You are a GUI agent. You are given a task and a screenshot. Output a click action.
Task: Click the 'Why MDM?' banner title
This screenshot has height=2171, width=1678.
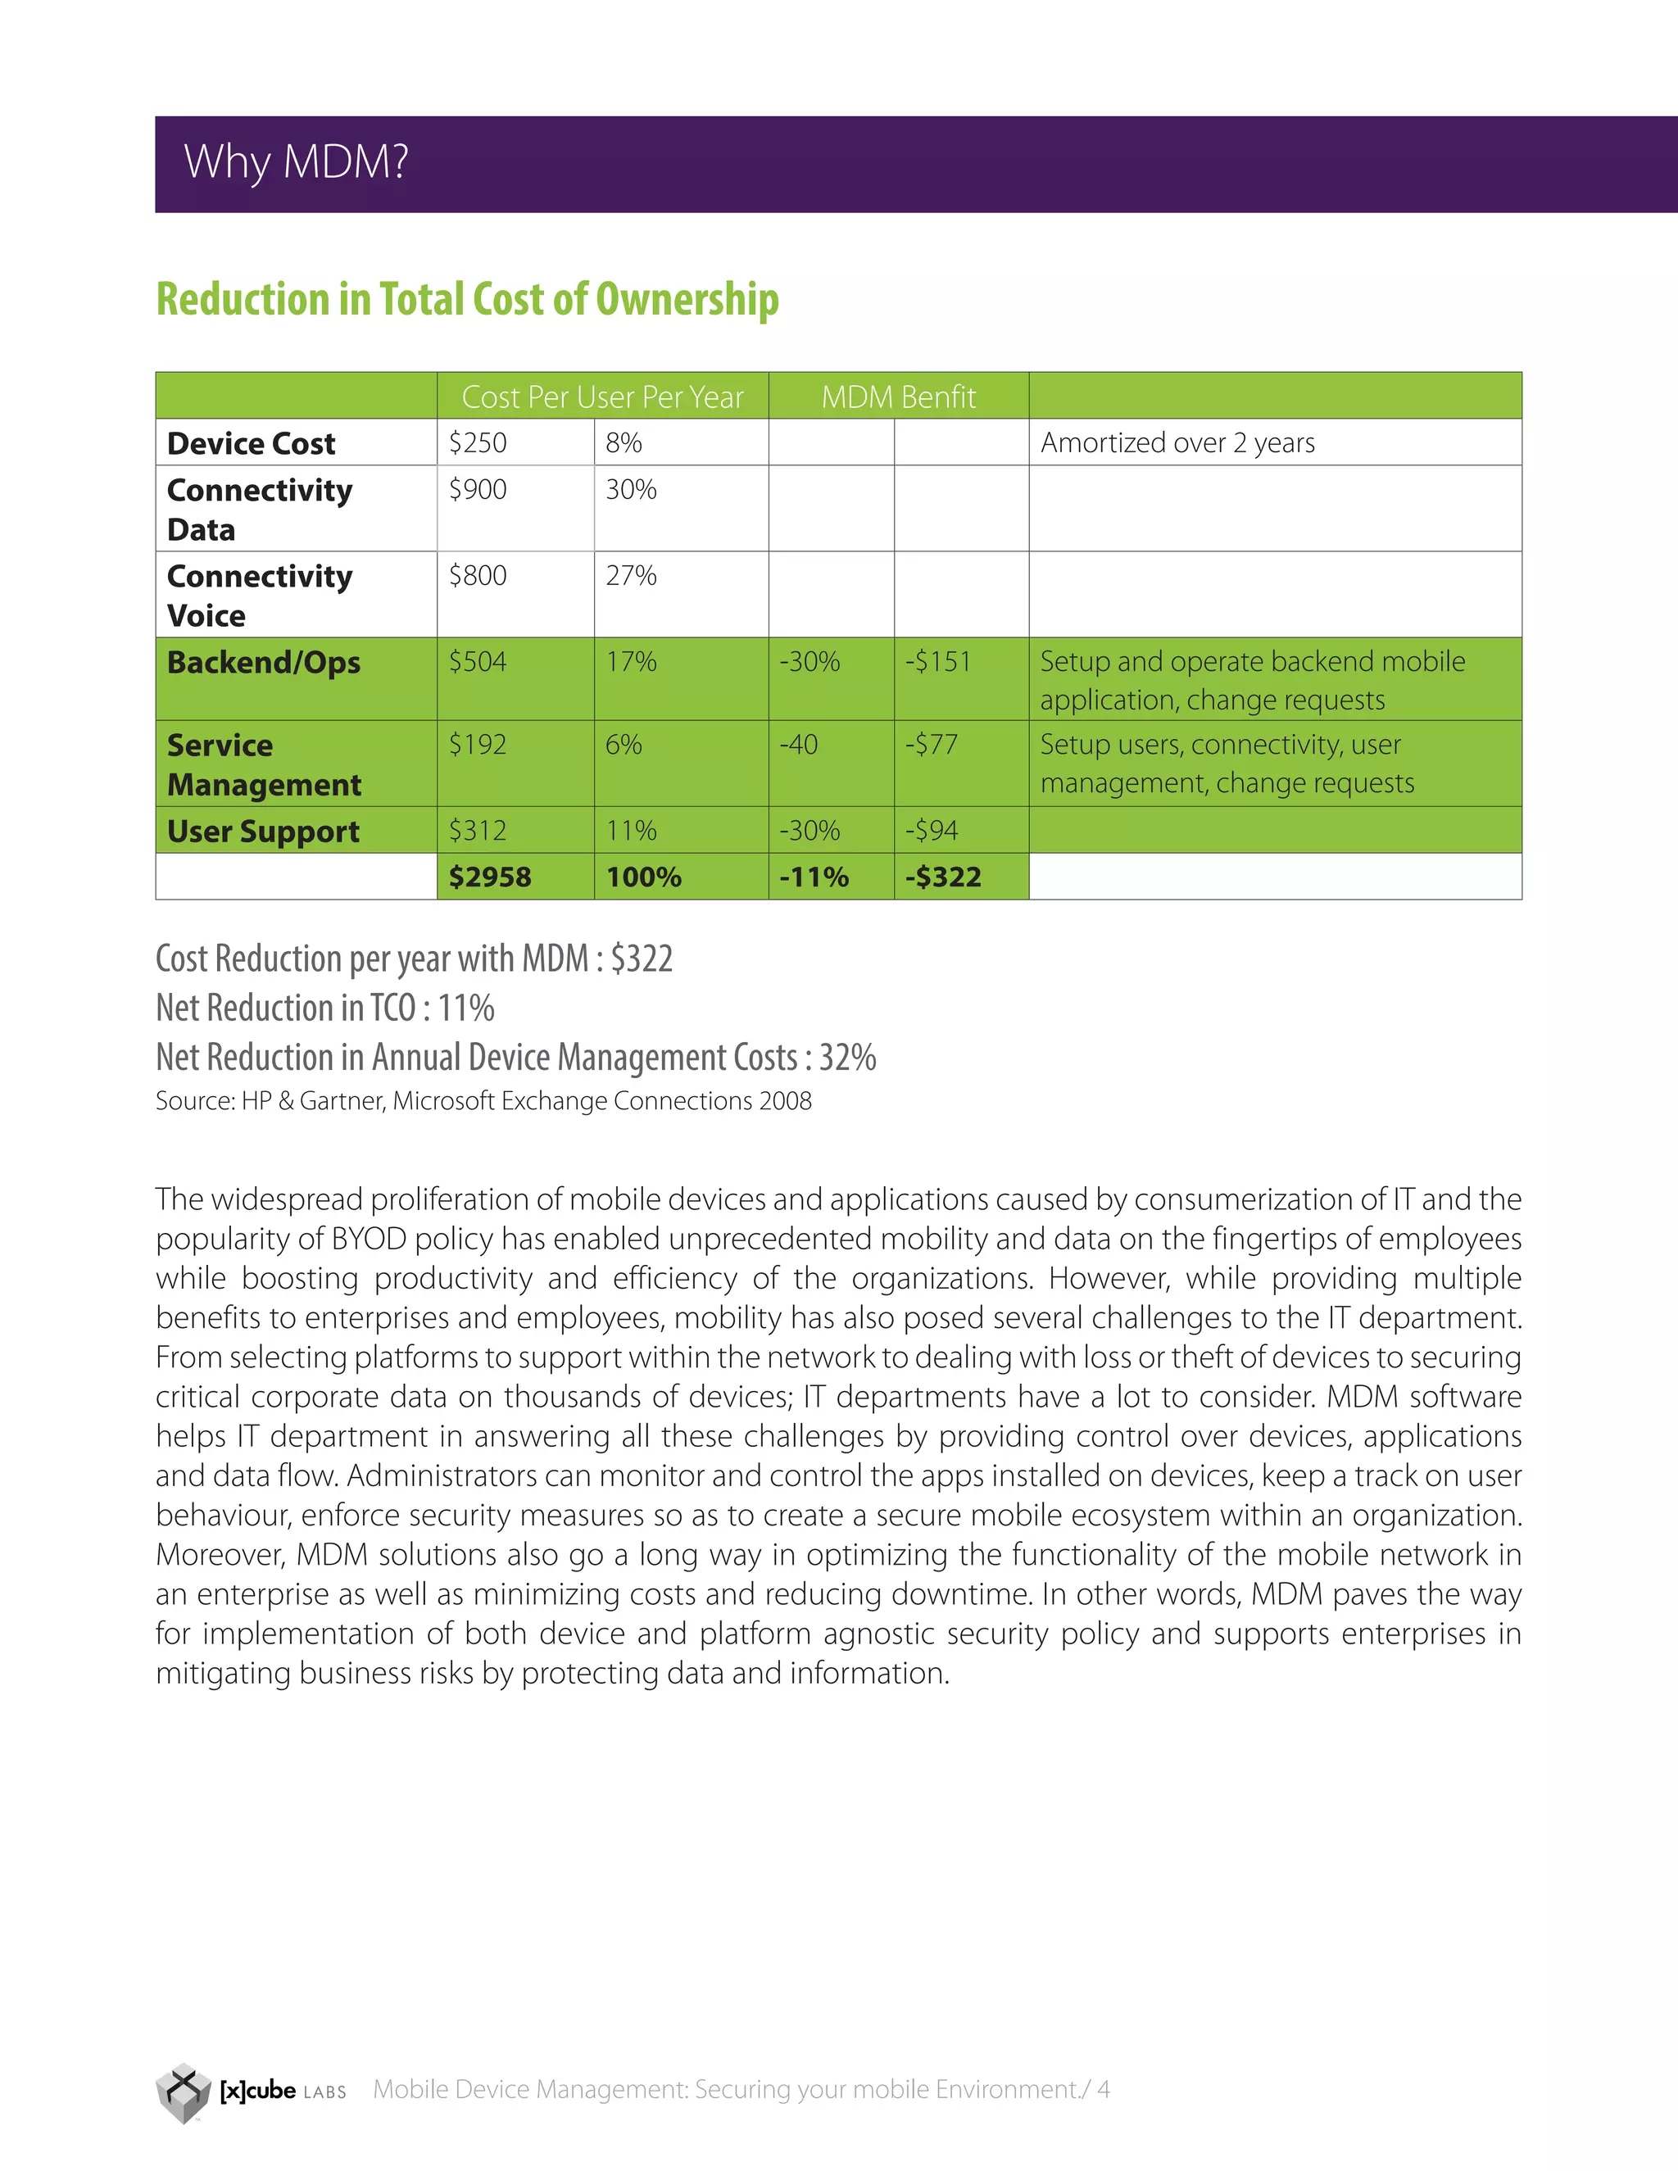(x=297, y=162)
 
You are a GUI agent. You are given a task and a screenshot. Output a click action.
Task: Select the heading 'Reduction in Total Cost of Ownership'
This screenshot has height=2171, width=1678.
(x=467, y=299)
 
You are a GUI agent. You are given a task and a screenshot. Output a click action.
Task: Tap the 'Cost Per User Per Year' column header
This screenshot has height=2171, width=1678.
(x=602, y=397)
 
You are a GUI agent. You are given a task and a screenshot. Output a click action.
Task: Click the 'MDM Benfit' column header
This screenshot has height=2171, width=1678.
(x=899, y=397)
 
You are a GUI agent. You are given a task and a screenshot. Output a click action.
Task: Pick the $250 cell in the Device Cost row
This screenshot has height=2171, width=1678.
(x=478, y=442)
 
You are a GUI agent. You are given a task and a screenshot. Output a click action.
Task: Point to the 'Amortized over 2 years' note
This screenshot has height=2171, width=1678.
(x=1177, y=442)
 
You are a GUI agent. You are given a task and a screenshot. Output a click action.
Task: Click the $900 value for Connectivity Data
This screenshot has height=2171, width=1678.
(x=478, y=489)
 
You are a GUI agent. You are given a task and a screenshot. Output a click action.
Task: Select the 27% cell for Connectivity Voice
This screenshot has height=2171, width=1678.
(x=631, y=576)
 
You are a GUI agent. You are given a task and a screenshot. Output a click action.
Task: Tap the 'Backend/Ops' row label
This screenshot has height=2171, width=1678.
(x=264, y=662)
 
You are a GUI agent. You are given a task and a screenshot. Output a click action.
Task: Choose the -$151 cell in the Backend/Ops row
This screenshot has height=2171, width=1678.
(x=937, y=661)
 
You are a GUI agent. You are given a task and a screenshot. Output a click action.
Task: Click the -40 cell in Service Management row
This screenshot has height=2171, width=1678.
(x=798, y=745)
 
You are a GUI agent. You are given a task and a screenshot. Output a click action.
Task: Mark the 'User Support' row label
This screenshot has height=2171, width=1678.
(x=264, y=831)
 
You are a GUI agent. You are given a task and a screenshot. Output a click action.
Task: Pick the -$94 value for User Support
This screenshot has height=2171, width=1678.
(x=932, y=830)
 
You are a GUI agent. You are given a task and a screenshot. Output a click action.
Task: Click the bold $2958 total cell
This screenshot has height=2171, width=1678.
(x=490, y=877)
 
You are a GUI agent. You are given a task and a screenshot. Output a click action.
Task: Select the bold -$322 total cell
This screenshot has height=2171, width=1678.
(x=942, y=877)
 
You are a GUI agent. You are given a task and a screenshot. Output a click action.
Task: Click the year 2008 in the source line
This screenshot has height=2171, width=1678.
(x=785, y=1101)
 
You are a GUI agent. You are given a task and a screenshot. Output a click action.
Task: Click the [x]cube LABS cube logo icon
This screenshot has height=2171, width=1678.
(x=184, y=2092)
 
